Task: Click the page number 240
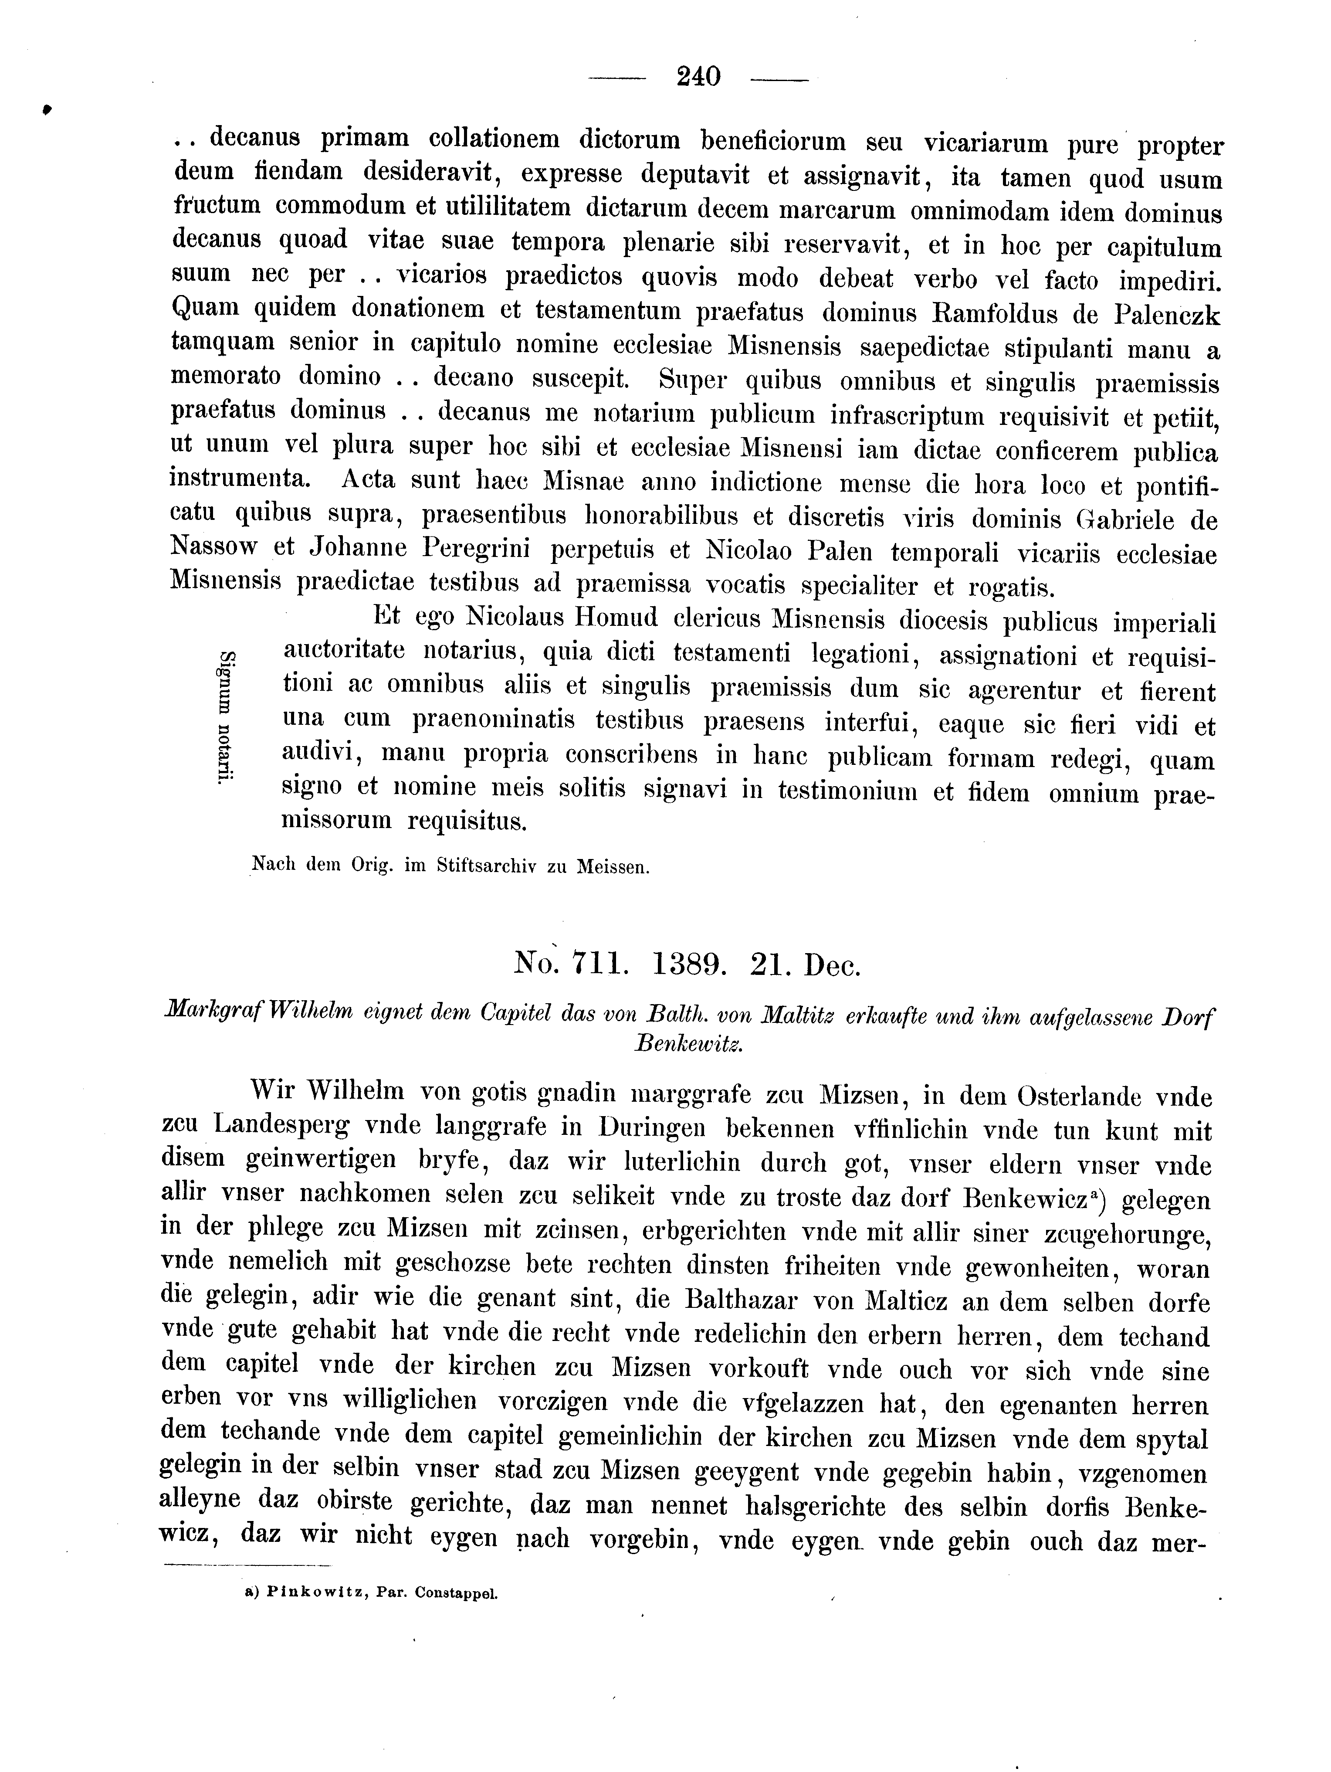coord(698,76)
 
